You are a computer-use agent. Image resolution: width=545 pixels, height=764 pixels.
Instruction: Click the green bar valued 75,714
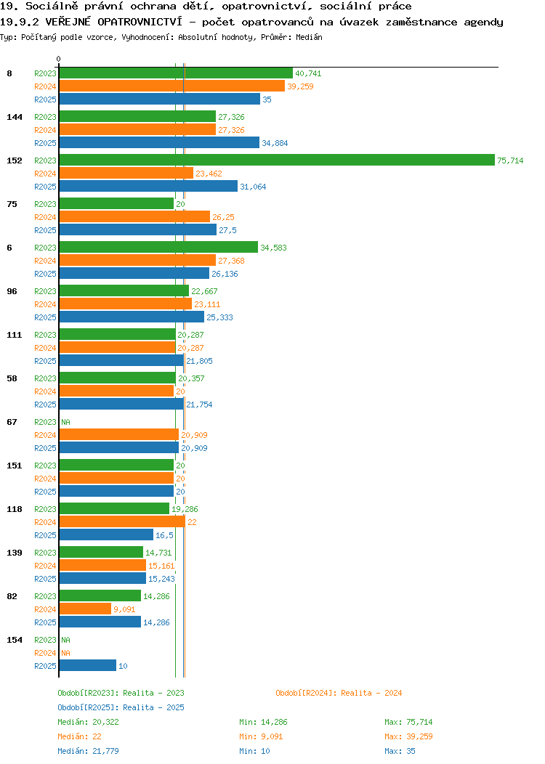point(277,160)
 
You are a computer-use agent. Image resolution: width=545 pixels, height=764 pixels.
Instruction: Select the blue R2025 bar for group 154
point(88,665)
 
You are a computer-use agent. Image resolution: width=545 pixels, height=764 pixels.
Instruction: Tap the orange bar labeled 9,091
point(85,609)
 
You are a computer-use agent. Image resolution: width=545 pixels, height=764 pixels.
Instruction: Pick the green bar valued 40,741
point(176,73)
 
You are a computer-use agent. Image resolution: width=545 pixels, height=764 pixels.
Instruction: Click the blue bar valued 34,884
point(159,142)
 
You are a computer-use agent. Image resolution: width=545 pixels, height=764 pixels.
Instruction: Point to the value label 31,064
point(253,187)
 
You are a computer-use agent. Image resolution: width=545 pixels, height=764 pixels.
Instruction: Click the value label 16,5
point(164,535)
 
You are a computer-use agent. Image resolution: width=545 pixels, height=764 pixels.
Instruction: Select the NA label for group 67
point(66,422)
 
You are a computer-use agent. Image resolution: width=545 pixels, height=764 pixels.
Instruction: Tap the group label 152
point(14,160)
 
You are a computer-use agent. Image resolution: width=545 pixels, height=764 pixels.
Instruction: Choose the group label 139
point(14,553)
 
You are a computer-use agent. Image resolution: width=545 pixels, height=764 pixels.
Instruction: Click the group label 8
point(9,73)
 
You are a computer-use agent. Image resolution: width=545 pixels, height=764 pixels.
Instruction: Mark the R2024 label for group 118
point(45,522)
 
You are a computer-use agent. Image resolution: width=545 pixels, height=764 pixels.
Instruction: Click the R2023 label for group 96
point(45,291)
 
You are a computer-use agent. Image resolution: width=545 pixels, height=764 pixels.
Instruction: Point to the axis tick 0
point(59,59)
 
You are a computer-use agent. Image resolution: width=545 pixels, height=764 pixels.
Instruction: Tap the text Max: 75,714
point(408,722)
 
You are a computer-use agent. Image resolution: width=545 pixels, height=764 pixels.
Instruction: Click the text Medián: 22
point(79,736)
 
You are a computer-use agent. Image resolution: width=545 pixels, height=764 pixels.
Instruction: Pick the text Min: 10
point(254,752)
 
